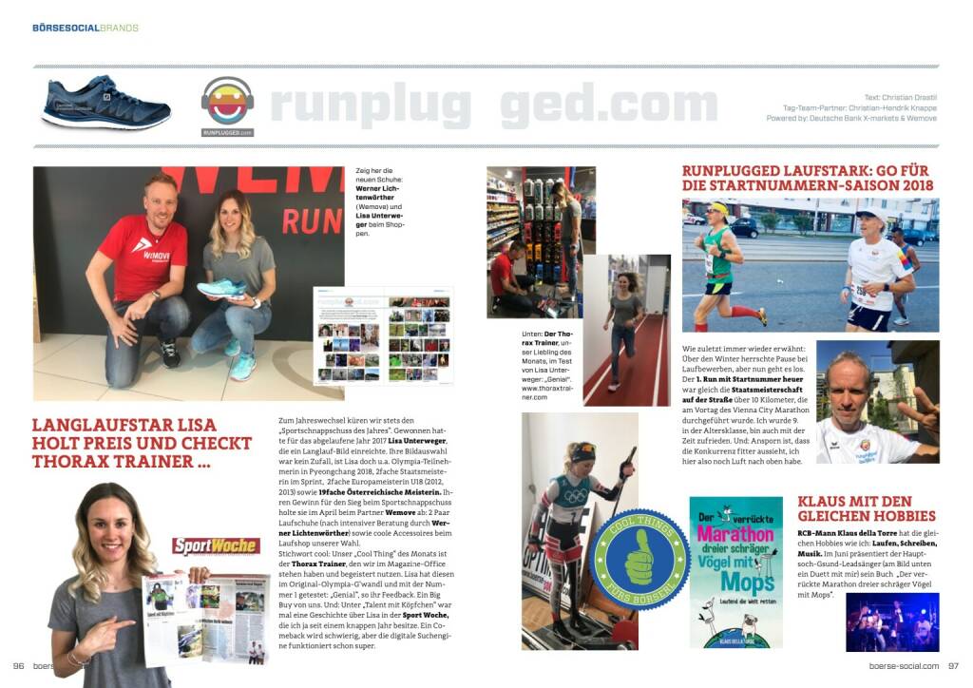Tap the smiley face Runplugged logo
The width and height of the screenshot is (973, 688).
[227, 102]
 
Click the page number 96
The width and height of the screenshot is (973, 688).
[18, 666]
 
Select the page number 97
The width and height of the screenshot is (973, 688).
[953, 666]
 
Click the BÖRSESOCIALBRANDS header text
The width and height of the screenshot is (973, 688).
[86, 28]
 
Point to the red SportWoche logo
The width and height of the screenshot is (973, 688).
[216, 545]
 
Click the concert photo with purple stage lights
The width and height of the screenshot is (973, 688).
[891, 621]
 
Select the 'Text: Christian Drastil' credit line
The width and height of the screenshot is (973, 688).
[901, 98]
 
